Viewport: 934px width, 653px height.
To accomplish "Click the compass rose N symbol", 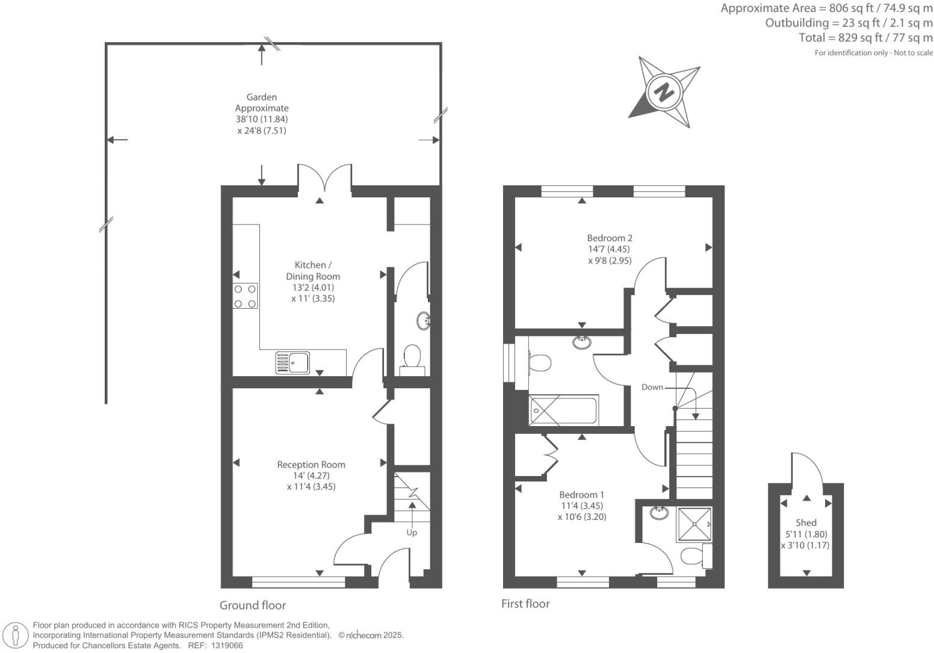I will click(x=664, y=93).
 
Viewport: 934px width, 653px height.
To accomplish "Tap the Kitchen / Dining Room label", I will click(x=313, y=271).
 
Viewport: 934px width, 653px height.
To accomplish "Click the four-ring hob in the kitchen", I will click(x=246, y=296).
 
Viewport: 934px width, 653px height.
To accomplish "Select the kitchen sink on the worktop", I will click(x=292, y=363).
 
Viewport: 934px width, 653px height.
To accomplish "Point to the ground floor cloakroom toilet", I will click(x=412, y=356).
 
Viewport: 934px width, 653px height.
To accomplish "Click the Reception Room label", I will click(x=311, y=465).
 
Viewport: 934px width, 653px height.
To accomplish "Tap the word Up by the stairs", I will click(x=412, y=533).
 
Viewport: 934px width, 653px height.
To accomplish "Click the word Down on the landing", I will click(x=652, y=387).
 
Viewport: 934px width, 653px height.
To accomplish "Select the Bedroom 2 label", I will click(x=610, y=238).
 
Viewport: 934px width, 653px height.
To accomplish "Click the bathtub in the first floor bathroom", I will click(x=563, y=410).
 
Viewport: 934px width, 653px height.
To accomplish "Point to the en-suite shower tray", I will click(x=694, y=525).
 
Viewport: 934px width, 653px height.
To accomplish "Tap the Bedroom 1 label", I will click(x=581, y=495).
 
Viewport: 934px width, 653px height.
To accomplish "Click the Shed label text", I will click(x=806, y=522).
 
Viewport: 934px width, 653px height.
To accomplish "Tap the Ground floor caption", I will click(x=253, y=605).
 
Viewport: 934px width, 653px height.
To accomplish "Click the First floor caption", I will click(x=525, y=604).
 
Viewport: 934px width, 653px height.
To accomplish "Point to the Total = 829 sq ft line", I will click(x=865, y=38).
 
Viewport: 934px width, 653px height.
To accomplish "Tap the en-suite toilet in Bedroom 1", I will click(x=694, y=556).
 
